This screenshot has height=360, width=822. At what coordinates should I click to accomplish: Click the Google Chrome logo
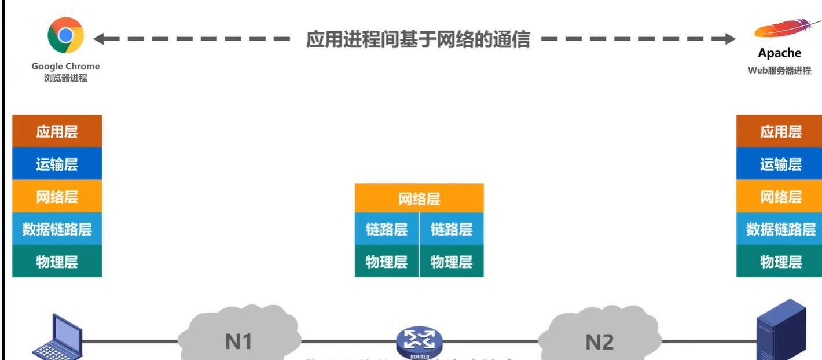[65, 35]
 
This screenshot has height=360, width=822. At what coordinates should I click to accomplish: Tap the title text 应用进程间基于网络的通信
[417, 39]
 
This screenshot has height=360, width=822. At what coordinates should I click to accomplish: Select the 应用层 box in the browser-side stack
[57, 131]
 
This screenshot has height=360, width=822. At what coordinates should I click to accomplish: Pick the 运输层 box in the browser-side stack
[57, 164]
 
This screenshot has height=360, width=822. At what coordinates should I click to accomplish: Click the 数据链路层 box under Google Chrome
[57, 229]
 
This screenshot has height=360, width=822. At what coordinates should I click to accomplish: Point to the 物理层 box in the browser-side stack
[57, 262]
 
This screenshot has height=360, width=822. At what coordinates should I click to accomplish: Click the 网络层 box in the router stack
[419, 199]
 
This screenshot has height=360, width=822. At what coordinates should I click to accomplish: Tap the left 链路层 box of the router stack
[387, 229]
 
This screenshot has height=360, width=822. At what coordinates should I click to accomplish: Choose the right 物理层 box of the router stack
[452, 262]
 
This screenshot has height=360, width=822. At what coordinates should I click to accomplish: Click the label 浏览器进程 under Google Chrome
[65, 78]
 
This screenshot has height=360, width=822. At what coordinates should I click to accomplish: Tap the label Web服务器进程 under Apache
[779, 71]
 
